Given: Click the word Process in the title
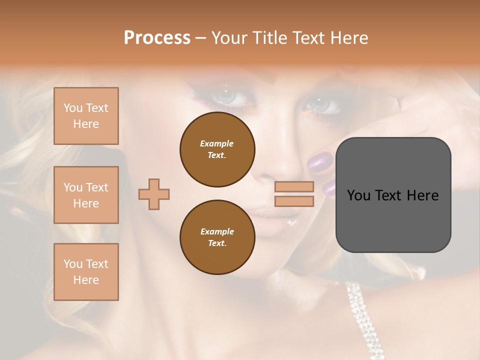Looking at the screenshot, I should pyautogui.click(x=157, y=38).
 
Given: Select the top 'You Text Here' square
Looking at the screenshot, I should pyautogui.click(x=86, y=116).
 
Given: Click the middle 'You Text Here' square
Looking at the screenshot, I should pyautogui.click(x=86, y=195).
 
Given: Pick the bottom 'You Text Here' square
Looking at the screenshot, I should pyautogui.click(x=86, y=272).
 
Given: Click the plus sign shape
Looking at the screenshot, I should pyautogui.click(x=154, y=194).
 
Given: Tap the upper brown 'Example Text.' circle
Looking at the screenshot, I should pyautogui.click(x=217, y=149).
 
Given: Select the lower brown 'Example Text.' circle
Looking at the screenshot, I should pyautogui.click(x=217, y=237).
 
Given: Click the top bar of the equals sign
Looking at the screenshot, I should pyautogui.click(x=294, y=186).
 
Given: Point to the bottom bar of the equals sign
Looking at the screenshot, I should pyautogui.click(x=294, y=201).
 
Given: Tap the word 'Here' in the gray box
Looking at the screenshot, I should pyautogui.click(x=423, y=195).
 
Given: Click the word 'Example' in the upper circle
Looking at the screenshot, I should pyautogui.click(x=217, y=143).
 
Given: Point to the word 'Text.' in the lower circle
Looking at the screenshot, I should pyautogui.click(x=217, y=243).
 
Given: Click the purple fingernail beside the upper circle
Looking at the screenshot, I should pyautogui.click(x=317, y=161).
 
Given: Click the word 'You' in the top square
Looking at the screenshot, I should pyautogui.click(x=73, y=108).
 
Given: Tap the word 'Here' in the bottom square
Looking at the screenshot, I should pyautogui.click(x=86, y=280).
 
